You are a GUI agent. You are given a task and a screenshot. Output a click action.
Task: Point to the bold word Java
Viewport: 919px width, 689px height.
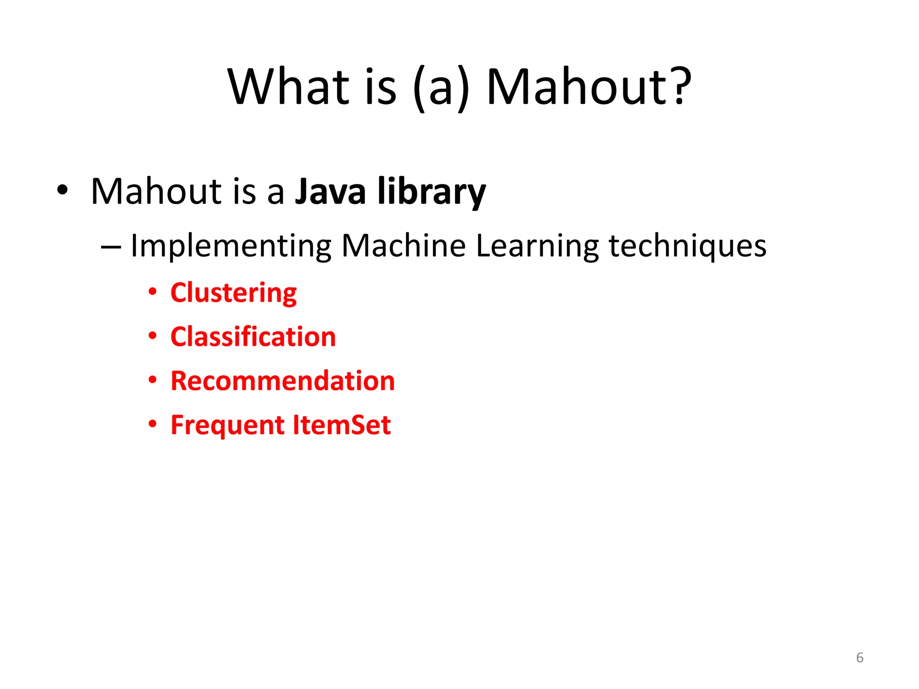[x=330, y=192]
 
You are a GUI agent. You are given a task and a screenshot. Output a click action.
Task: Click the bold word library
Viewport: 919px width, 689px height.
[x=431, y=192]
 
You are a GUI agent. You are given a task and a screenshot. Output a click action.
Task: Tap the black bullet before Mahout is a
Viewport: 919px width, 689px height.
[x=62, y=190]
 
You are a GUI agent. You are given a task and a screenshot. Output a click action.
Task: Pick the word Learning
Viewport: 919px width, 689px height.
[x=537, y=246]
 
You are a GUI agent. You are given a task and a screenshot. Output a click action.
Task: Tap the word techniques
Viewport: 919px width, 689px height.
[x=687, y=246]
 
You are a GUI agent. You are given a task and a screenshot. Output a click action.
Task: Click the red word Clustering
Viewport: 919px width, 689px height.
[x=233, y=293]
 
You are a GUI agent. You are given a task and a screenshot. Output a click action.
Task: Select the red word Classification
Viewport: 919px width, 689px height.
[x=253, y=337]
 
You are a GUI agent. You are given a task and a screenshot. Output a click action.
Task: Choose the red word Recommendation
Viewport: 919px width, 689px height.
[x=283, y=381]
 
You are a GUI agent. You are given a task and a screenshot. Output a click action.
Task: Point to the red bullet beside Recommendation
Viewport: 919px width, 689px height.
[x=153, y=380]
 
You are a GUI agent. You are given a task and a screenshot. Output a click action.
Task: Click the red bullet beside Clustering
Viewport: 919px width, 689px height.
[x=153, y=292]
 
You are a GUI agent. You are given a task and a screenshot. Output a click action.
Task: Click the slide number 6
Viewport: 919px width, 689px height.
[x=859, y=658]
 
